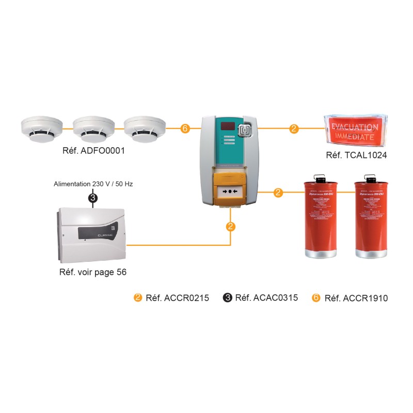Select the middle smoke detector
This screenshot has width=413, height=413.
pyautogui.click(x=93, y=129)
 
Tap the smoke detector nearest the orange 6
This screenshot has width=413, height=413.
pyautogui.click(x=145, y=129)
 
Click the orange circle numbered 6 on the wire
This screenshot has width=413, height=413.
pyautogui.click(x=185, y=129)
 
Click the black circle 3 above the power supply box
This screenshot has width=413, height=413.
pyautogui.click(x=93, y=197)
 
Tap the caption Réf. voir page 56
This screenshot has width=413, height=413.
pyautogui.click(x=93, y=272)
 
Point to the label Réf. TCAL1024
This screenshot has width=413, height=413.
pyautogui.click(x=357, y=155)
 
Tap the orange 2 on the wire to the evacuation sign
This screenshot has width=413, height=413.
pyautogui.click(x=294, y=129)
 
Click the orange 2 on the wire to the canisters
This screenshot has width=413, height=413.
pyautogui.click(x=278, y=193)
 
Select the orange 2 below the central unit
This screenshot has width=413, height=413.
pyautogui.click(x=231, y=226)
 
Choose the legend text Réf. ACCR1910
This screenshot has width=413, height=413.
pyautogui.click(x=356, y=298)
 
